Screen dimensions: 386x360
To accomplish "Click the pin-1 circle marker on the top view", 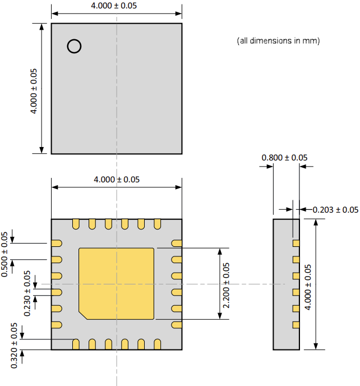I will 74,46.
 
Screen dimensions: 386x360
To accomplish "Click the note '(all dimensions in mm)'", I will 279,41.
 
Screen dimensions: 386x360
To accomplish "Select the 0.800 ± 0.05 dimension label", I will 284,158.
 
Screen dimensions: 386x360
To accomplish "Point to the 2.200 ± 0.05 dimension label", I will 227,284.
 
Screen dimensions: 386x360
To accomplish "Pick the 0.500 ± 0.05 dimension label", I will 5,254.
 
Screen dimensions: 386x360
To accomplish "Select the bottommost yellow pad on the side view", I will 296,325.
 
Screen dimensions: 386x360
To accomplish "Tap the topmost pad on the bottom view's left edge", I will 57,243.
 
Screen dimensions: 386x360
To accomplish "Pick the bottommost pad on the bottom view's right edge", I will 177,325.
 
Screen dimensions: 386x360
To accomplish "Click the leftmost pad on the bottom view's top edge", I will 75,224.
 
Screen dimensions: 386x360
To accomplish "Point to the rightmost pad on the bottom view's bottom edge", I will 158,344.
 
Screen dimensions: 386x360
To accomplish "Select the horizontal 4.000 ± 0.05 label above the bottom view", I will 117,180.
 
